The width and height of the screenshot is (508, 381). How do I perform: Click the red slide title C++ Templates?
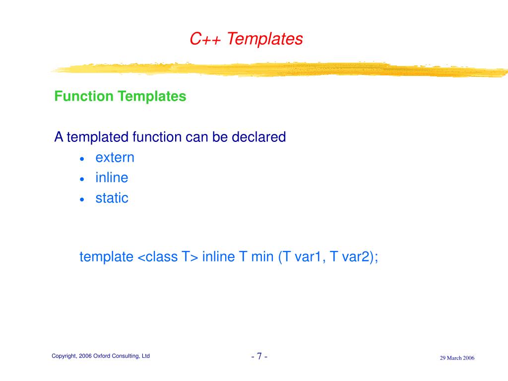pyautogui.click(x=246, y=39)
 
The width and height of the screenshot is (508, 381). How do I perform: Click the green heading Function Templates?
pyautogui.click(x=120, y=96)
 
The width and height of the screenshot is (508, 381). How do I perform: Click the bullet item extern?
pyautogui.click(x=115, y=158)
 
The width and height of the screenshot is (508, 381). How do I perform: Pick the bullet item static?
pyautogui.click(x=112, y=198)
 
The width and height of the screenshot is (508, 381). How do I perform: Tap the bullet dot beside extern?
pyautogui.click(x=82, y=159)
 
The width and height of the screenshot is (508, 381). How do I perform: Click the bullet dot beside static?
pyautogui.click(x=82, y=199)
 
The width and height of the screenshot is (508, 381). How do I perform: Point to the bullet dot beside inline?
pyautogui.click(x=82, y=179)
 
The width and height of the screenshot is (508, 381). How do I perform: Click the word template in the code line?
pyautogui.click(x=106, y=257)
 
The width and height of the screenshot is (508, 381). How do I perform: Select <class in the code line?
pyautogui.click(x=158, y=257)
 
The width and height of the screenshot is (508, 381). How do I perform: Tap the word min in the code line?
pyautogui.click(x=262, y=257)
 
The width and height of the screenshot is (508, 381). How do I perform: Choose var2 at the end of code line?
pyautogui.click(x=356, y=257)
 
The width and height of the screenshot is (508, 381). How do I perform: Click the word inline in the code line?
pyautogui.click(x=218, y=256)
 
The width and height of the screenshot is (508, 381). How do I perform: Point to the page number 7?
pyautogui.click(x=259, y=356)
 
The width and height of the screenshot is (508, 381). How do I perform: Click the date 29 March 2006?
pyautogui.click(x=457, y=358)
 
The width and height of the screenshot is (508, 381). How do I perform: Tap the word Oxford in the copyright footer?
pyautogui.click(x=102, y=356)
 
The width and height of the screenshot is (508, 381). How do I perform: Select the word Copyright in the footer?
pyautogui.click(x=64, y=356)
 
